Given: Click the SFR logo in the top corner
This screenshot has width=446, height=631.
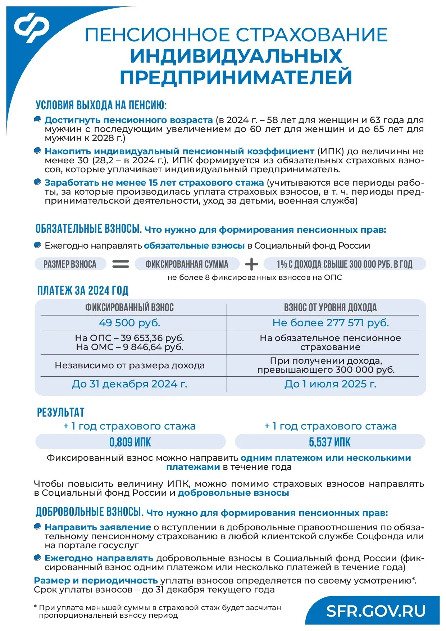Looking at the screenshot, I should tap(32, 27).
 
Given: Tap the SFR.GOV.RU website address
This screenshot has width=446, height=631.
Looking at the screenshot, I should tap(376, 611).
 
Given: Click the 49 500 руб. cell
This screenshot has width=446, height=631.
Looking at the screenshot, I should tap(129, 323).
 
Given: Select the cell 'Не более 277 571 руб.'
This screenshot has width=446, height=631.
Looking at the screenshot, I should tap(331, 323).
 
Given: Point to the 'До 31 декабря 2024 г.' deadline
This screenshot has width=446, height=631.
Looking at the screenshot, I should tap(129, 384).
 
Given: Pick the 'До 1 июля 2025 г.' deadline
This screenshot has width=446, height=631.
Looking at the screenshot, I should tap(330, 384).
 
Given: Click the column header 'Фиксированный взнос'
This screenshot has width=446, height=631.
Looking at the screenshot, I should tap(129, 308).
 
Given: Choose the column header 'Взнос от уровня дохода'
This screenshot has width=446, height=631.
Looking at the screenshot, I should tap(330, 308).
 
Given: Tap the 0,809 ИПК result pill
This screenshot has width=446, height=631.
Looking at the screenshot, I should tap(130, 442).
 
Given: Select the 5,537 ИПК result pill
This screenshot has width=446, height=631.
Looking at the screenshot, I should tap(330, 442).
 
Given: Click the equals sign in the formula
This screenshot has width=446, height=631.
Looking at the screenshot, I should tap(121, 264).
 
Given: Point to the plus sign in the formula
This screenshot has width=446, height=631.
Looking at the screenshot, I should tap(251, 264).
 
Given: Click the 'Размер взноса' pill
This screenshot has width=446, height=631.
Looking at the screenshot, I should tap(70, 264).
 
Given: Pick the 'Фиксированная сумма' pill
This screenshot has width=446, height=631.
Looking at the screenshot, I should tap(187, 264).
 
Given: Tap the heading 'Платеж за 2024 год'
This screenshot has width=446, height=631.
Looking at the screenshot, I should tap(83, 290).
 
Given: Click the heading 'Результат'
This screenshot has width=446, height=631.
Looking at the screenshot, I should tap(61, 412).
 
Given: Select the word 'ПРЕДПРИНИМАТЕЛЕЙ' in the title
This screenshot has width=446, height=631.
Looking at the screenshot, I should tap(236, 77).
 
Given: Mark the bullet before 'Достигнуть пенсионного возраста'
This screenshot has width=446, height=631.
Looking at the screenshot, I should tap(37, 119).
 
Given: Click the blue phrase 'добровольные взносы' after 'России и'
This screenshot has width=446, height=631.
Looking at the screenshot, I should tap(233, 493).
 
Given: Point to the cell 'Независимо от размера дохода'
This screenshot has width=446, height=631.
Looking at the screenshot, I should tap(129, 366).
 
